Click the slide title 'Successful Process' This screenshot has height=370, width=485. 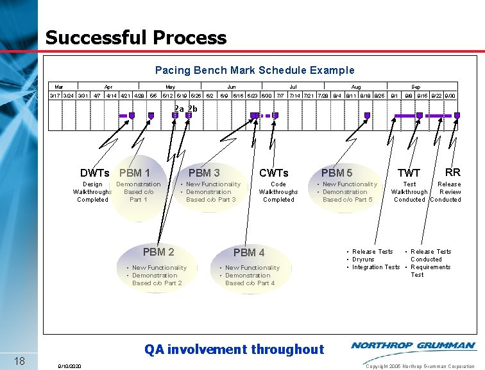[x=136, y=37]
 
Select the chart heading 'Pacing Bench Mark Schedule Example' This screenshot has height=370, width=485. [x=255, y=70]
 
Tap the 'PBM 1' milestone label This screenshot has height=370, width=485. [x=135, y=173]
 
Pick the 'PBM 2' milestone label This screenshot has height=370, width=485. [x=158, y=252]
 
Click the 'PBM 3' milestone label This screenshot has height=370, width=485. [x=204, y=173]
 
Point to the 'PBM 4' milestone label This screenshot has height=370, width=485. [x=249, y=252]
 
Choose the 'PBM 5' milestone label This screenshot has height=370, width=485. [x=337, y=173]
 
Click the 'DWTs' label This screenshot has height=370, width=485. [x=94, y=173]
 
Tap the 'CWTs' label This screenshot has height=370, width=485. [x=274, y=173]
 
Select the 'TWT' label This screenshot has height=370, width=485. [x=409, y=173]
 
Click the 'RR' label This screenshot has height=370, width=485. [x=453, y=172]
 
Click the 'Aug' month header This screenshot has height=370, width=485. [x=356, y=86]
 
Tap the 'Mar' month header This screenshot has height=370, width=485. [x=59, y=86]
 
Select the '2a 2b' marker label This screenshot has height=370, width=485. [x=186, y=109]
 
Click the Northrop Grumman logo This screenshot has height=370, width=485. [x=413, y=346]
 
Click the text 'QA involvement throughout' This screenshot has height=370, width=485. [x=234, y=349]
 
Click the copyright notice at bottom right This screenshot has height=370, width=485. [x=420, y=366]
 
